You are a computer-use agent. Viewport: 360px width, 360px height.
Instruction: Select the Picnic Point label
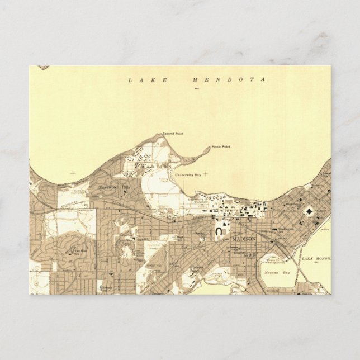pyautogui.click(x=221, y=147)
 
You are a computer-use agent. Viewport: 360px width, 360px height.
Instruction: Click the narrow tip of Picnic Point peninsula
pyautogui.click(x=210, y=148)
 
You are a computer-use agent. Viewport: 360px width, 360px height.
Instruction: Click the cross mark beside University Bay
pyautogui.click(x=205, y=173)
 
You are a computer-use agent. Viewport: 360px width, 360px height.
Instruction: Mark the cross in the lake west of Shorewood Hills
pyautogui.click(x=72, y=174)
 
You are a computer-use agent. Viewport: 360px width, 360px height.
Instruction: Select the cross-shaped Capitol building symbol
pyautogui.click(x=309, y=211)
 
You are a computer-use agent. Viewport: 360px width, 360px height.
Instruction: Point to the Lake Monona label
pyautogui.click(x=316, y=259)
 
